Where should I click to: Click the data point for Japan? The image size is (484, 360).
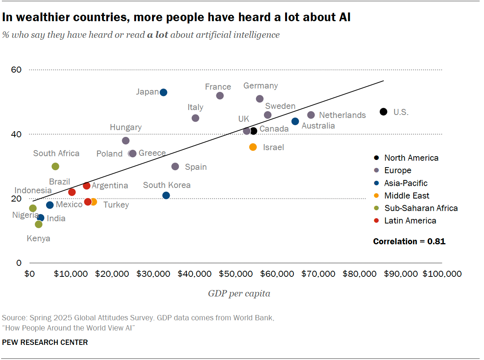point(163,92)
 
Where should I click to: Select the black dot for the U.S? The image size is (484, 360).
point(383,112)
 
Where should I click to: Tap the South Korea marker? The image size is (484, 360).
point(166,195)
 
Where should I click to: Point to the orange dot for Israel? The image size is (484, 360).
point(253,147)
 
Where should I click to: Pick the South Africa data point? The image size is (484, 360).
point(55,166)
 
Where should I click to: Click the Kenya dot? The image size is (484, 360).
point(39,224)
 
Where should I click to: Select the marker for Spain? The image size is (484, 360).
point(175,166)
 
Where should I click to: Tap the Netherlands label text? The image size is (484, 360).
point(342,115)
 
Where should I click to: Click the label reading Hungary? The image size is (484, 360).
point(126,127)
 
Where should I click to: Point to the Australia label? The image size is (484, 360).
point(318,126)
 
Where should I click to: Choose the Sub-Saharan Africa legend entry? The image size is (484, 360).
point(421,208)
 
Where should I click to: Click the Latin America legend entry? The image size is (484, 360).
point(410,220)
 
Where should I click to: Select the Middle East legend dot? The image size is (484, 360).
point(376,196)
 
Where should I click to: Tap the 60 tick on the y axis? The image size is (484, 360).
point(19,70)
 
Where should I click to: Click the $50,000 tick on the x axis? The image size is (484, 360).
point(236,273)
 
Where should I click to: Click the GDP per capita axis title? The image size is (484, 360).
point(239,293)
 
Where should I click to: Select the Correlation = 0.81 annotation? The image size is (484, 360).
point(409,241)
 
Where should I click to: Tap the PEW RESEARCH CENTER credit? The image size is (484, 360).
point(45,342)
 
